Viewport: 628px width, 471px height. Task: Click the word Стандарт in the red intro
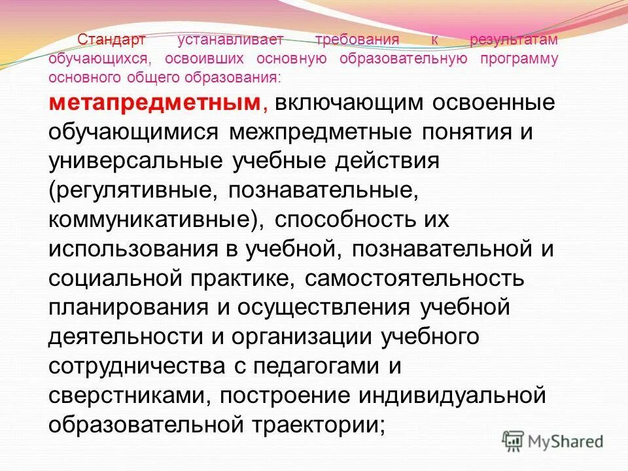pos(111,40)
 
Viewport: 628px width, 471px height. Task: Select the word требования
pos(357,40)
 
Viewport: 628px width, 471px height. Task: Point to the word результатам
pos(514,40)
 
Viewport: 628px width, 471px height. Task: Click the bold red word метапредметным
pos(154,103)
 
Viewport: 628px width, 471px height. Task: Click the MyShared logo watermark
pos(553,441)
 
